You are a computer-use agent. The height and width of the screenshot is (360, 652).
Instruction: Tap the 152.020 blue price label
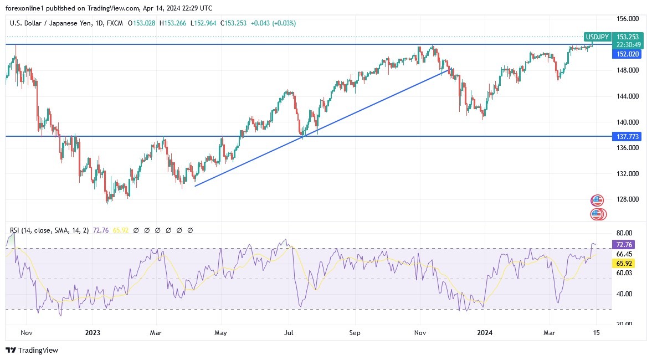tap(628, 54)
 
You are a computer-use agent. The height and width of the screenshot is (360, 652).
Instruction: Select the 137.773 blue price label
tap(628, 136)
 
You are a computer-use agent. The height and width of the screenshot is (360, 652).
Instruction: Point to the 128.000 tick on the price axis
tap(629, 199)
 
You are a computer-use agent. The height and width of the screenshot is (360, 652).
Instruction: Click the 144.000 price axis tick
tap(629, 96)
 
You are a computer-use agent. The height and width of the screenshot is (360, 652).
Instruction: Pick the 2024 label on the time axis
tap(485, 333)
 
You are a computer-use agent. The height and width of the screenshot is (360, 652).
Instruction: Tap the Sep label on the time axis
tap(355, 333)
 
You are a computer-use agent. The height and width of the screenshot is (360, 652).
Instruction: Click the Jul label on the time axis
tap(289, 333)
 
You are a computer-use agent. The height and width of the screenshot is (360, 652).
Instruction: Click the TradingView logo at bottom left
tap(32, 350)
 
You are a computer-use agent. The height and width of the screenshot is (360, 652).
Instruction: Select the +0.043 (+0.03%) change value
tap(273, 23)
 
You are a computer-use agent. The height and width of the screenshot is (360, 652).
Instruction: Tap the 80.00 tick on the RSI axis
tap(625, 233)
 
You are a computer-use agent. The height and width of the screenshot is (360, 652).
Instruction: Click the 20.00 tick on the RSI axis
tap(625, 323)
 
